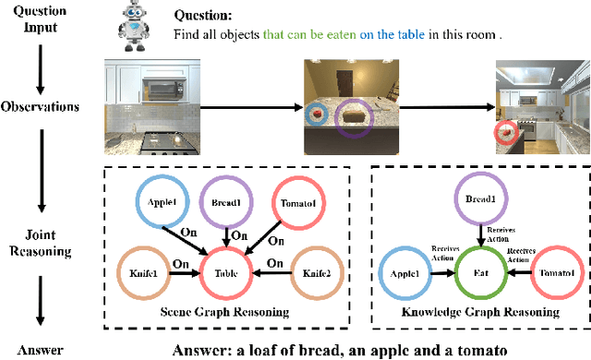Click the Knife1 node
tap(145, 272)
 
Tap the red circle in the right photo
tap(506, 133)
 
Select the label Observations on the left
tap(42, 107)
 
